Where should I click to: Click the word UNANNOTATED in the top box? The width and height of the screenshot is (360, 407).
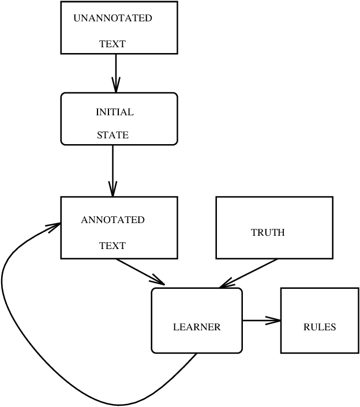click(112, 18)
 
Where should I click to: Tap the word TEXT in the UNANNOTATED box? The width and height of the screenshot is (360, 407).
click(112, 44)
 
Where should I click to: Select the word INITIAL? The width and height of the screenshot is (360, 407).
click(114, 112)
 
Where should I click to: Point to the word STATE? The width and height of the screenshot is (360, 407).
click(112, 135)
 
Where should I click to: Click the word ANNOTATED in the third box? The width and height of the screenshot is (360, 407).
click(112, 220)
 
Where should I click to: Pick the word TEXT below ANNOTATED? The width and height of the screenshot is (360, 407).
click(112, 246)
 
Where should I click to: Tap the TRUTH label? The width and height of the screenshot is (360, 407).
click(268, 233)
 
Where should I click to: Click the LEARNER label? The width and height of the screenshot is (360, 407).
click(197, 327)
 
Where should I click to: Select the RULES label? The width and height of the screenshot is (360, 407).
click(319, 327)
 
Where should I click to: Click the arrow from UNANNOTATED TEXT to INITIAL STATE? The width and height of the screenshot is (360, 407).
click(116, 72)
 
